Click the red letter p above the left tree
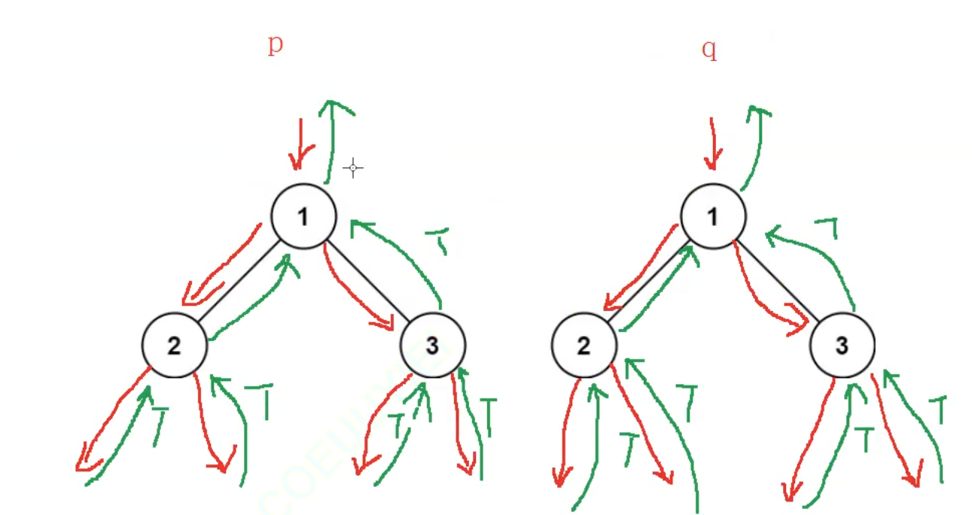click(x=276, y=44)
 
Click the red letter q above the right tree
click(x=708, y=49)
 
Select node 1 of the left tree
click(x=303, y=217)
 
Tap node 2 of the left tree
click(x=175, y=346)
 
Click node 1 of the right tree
click(x=713, y=217)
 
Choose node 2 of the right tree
click(x=584, y=346)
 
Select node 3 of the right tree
click(x=842, y=346)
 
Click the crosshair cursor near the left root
click(x=353, y=168)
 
